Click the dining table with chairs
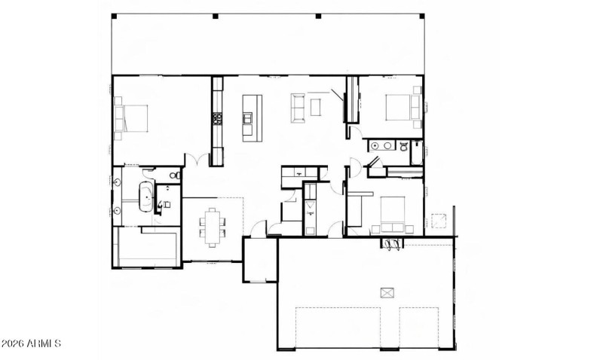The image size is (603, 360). point(213,226)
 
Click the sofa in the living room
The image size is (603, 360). point(297,107)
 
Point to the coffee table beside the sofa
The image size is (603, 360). point(316,107)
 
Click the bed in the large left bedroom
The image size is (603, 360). point(131,119)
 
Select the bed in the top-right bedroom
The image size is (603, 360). point(401,107)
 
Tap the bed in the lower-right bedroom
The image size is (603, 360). point(395,213)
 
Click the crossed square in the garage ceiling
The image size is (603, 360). point(388,293)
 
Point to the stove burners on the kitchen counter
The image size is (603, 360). point(216,118)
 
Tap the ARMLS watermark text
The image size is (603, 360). point(31,344)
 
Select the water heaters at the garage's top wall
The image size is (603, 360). point(391,245)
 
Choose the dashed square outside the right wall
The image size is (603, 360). point(439,223)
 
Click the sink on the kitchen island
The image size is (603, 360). point(247,117)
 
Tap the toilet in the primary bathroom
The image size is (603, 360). point(174,175)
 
